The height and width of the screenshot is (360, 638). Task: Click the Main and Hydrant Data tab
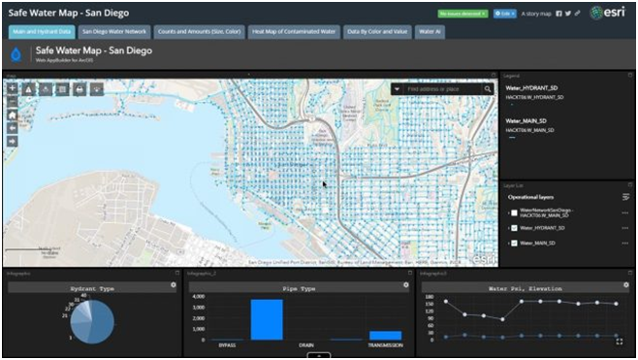[40, 32]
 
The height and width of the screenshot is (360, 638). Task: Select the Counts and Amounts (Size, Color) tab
[200, 32]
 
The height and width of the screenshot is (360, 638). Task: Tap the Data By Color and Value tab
[376, 32]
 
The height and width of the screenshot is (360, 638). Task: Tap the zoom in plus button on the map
[12, 88]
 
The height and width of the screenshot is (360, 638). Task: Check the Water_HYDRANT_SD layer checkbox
[514, 228]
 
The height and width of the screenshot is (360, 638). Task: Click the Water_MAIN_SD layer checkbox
[514, 243]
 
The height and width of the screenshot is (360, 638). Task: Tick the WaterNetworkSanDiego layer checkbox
[514, 212]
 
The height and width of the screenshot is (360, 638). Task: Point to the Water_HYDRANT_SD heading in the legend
[535, 88]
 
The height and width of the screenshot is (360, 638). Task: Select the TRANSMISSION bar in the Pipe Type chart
[385, 335]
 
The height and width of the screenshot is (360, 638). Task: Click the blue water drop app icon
[15, 56]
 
